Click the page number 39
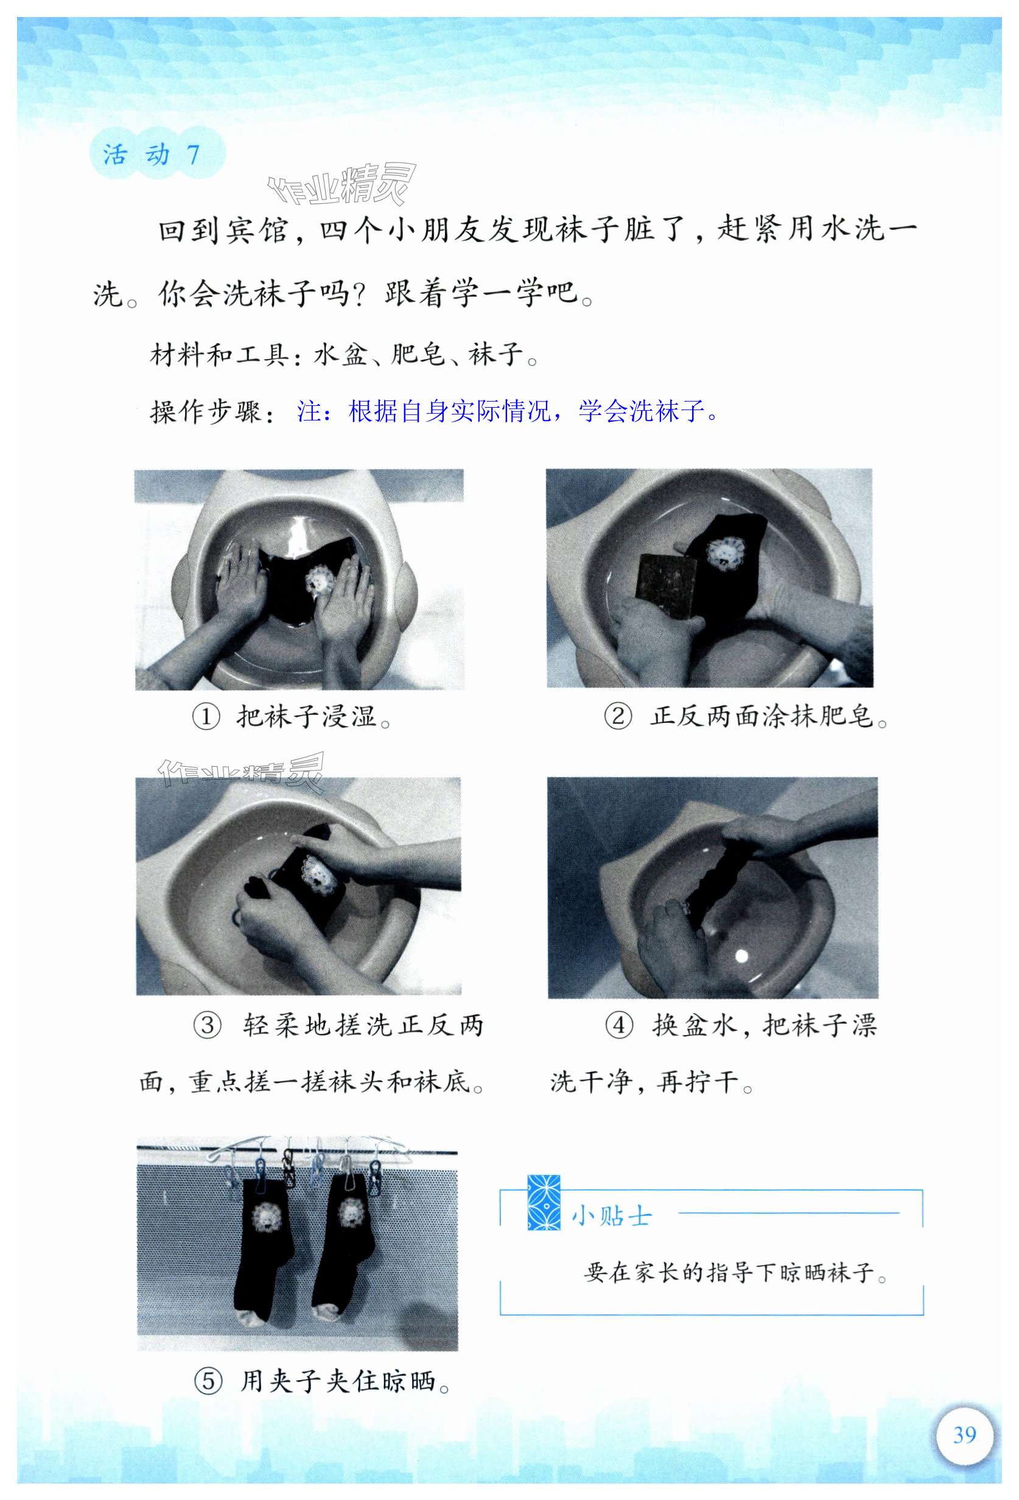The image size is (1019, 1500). (x=964, y=1435)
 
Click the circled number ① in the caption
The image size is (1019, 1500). (x=206, y=717)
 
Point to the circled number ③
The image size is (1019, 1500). (x=208, y=1025)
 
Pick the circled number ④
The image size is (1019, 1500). (x=619, y=1025)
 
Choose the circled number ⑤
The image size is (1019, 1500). (x=208, y=1381)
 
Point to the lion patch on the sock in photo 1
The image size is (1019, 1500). (x=320, y=581)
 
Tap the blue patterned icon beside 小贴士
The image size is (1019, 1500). (x=544, y=1202)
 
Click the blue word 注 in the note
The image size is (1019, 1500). (x=309, y=411)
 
